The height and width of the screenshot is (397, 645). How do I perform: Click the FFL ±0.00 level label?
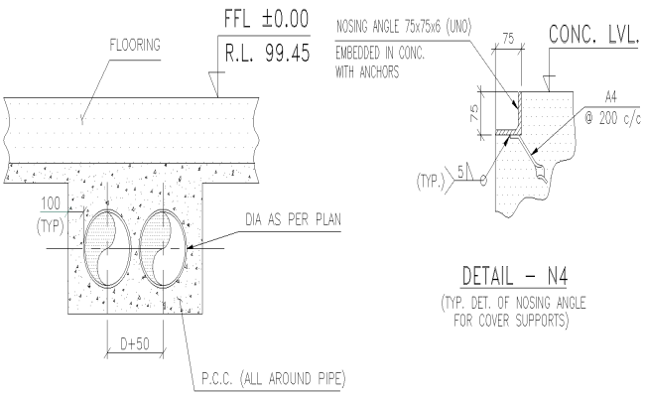click(x=262, y=18)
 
